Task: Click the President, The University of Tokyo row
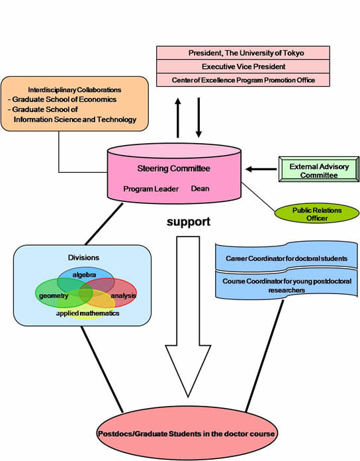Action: [243, 53]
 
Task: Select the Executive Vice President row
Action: [243, 66]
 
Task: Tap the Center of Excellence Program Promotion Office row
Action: [243, 80]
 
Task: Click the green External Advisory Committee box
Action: [319, 170]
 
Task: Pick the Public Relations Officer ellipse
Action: [317, 213]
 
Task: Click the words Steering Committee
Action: [173, 168]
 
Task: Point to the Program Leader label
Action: [151, 189]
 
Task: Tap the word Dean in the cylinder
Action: [200, 189]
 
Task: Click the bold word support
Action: [189, 222]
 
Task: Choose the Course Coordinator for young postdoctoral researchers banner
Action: [287, 285]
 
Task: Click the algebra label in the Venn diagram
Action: [84, 275]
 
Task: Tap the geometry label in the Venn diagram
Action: [54, 296]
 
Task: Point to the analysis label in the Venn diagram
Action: [124, 295]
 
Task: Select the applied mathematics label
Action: [87, 313]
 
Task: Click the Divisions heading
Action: [83, 258]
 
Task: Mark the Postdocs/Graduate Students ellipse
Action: [187, 433]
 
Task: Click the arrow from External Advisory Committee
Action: [261, 169]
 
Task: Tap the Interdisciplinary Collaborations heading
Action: [75, 89]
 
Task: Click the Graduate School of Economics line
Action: [62, 99]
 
